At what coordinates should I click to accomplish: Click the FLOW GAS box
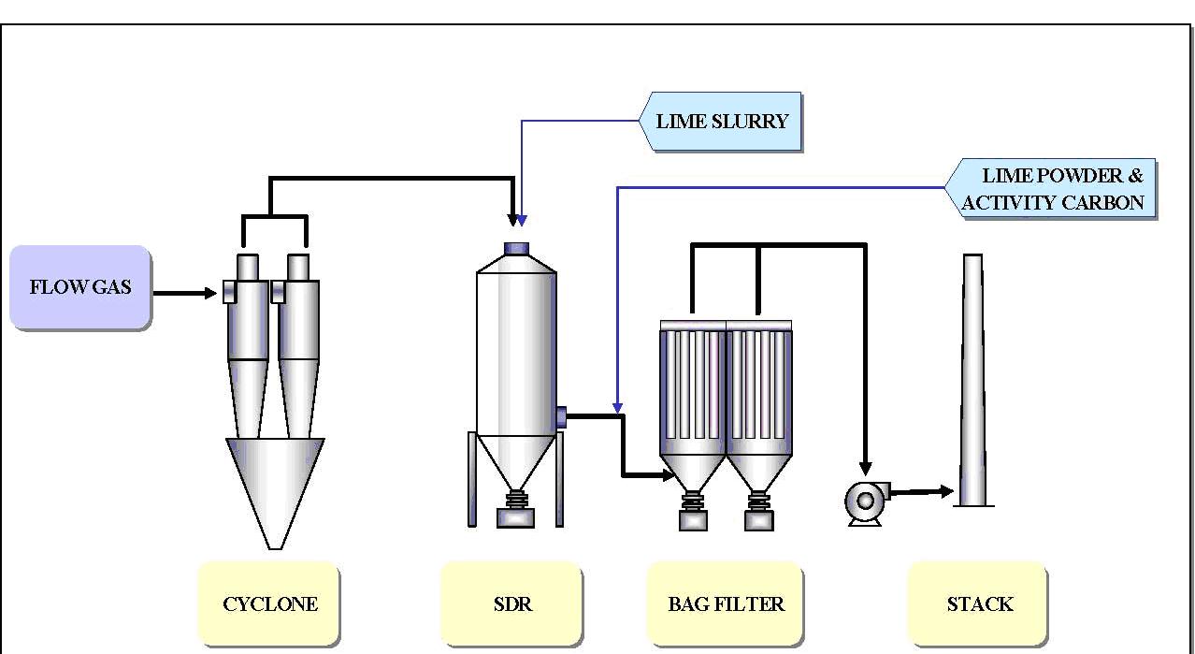79,287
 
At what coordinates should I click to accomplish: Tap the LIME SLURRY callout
721,122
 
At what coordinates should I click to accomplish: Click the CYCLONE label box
269,603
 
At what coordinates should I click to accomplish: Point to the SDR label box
511,603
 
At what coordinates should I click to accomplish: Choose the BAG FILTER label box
726,603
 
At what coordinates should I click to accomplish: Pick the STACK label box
978,603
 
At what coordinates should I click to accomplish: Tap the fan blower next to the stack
864,502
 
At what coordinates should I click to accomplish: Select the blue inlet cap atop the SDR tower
517,248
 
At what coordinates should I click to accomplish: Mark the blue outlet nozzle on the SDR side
560,416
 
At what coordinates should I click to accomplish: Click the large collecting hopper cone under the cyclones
275,487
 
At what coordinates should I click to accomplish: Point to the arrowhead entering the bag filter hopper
668,475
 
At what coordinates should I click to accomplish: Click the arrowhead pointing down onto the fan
865,466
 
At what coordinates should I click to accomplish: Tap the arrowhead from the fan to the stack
945,490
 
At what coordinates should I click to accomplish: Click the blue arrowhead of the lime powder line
617,408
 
